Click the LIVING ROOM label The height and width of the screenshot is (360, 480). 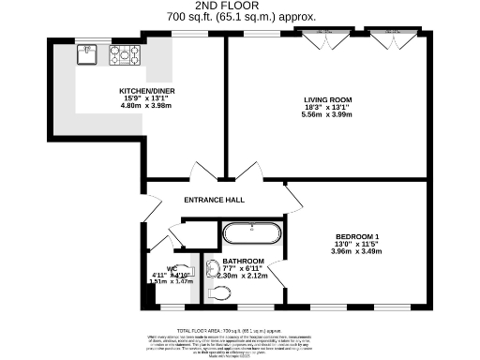point(326,98)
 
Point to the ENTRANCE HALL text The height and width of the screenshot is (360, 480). point(214,200)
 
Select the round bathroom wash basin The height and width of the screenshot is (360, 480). point(210,265)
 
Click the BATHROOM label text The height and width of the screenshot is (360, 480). point(243,261)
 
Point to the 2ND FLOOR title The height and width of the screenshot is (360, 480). point(241,6)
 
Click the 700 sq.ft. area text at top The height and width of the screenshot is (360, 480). point(241,17)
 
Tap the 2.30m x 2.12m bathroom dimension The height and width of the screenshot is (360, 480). point(243,276)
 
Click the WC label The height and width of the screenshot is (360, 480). point(172,268)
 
